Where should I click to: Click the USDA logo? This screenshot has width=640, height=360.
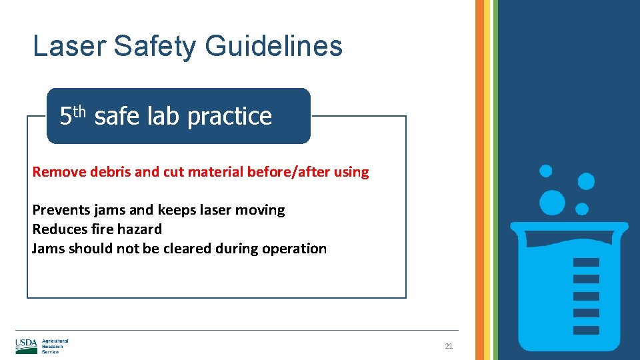[x=27, y=346]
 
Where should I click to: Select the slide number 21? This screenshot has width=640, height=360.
[x=449, y=346]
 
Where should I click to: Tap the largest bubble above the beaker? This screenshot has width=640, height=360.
[x=552, y=202]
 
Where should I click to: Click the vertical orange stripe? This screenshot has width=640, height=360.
[x=479, y=180]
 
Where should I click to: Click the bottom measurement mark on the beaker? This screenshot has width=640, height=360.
[x=586, y=329]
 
